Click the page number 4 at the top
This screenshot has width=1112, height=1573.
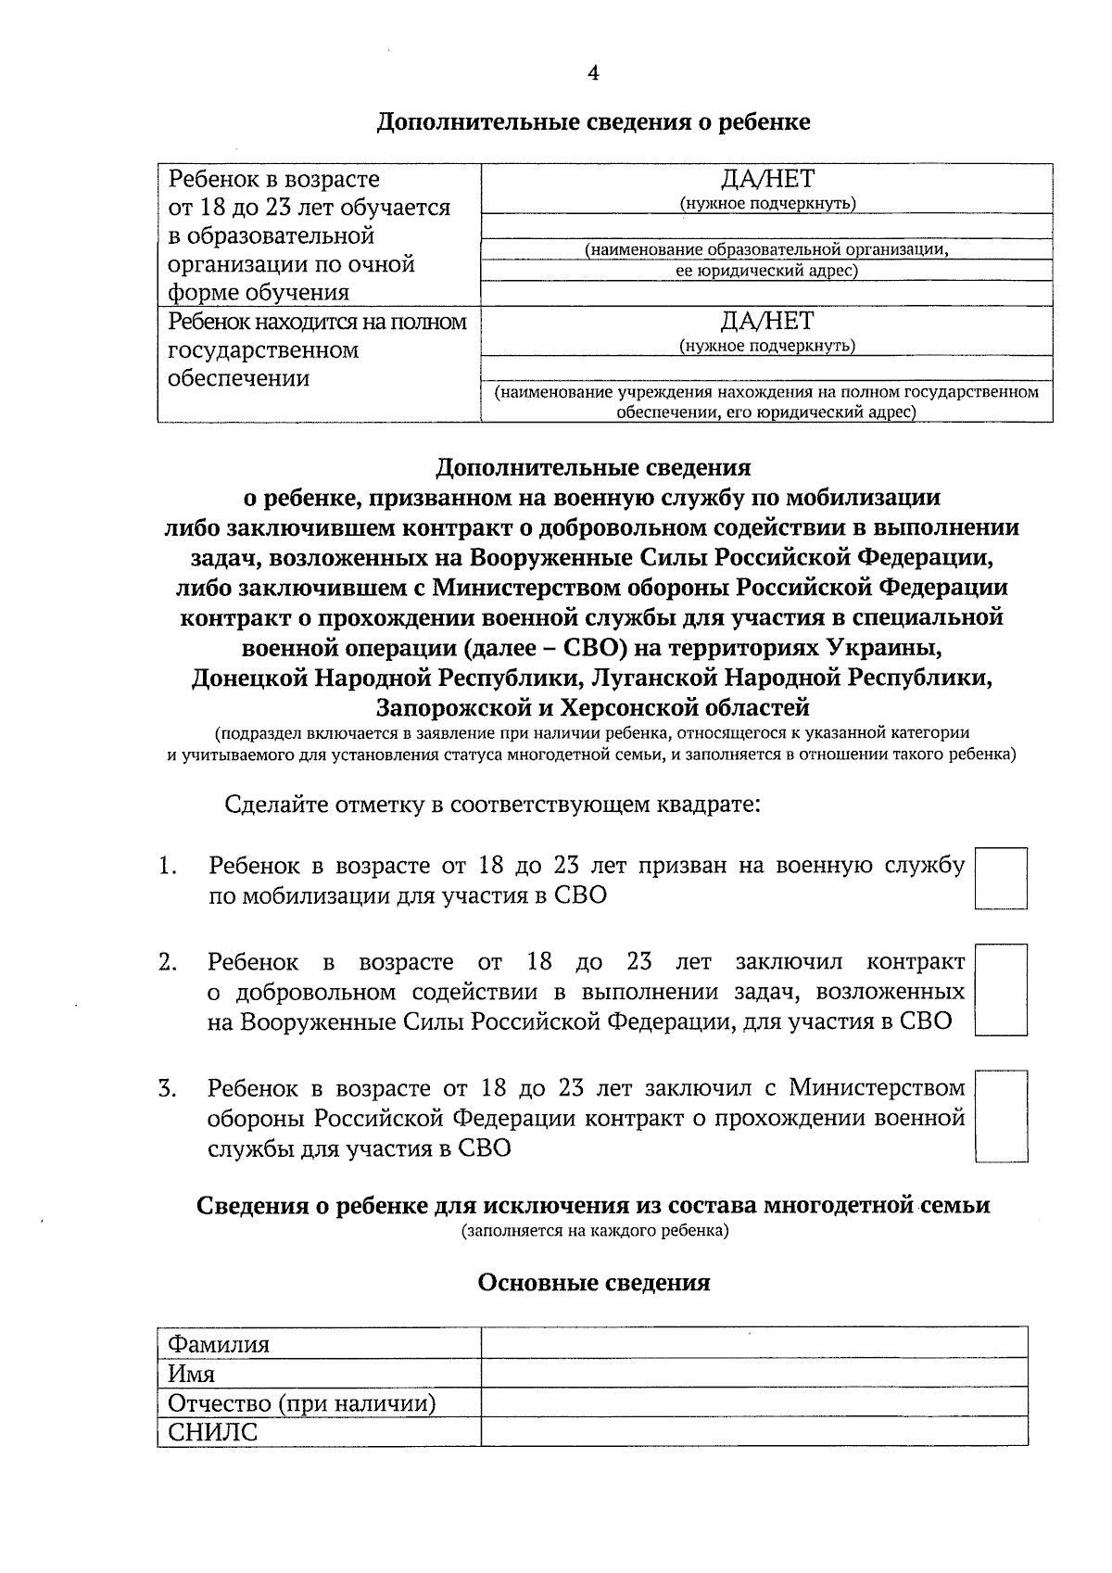(593, 74)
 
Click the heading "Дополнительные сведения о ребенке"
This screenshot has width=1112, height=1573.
(593, 122)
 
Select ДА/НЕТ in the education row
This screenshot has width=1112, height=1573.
(766, 180)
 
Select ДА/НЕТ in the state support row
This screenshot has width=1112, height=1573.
(766, 322)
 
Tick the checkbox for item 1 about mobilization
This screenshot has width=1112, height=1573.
(1002, 878)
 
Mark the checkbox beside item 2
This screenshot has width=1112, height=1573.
(1002, 989)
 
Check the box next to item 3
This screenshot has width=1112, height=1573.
(1002, 1116)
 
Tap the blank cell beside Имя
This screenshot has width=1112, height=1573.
(753, 1373)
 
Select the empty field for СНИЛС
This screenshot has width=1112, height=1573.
(753, 1431)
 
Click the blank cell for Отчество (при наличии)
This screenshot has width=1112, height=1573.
(753, 1402)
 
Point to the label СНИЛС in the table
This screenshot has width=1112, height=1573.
(213, 1432)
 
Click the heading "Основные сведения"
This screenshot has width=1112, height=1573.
(593, 1283)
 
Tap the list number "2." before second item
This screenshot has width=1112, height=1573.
(168, 962)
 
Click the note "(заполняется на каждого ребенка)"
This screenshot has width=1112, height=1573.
(593, 1232)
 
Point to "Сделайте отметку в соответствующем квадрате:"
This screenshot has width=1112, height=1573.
(492, 804)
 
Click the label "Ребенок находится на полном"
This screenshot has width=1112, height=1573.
(318, 322)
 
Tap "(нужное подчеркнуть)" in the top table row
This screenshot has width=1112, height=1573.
(766, 203)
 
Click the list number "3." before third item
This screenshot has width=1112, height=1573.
(168, 1088)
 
